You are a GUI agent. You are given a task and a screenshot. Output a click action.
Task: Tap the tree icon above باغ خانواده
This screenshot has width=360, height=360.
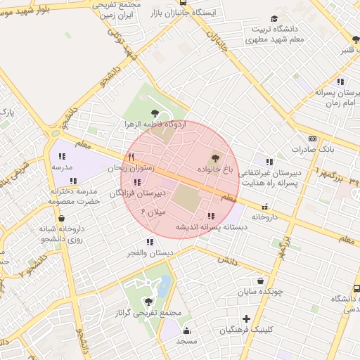point(214,159)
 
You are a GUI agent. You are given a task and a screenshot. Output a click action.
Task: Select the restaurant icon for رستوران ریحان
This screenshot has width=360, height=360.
point(131,156)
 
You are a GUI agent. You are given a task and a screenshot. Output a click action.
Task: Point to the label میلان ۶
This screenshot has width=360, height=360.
point(153,210)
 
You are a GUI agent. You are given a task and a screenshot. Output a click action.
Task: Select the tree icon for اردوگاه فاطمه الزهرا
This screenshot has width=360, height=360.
point(155,112)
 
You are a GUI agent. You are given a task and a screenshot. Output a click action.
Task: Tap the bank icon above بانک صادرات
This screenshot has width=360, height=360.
point(312,139)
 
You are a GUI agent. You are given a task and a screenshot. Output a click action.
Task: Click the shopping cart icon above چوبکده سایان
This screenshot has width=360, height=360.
point(261,280)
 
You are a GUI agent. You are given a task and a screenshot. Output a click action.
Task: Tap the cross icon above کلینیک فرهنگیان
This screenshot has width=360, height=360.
point(246,319)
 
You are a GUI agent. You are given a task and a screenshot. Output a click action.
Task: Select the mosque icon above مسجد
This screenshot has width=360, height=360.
point(186,330)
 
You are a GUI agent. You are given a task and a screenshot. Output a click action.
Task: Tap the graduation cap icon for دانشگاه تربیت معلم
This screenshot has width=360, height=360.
point(274,19)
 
